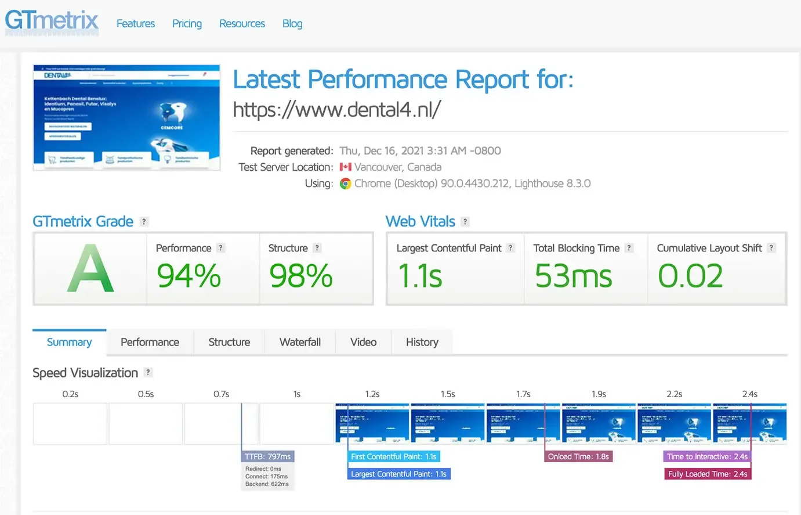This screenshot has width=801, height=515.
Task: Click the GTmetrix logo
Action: [52, 21]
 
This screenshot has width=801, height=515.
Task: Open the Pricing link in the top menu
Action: [187, 24]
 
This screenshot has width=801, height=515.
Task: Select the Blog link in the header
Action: [292, 24]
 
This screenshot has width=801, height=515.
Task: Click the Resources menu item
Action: [242, 24]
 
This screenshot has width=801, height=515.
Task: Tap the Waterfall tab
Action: [300, 342]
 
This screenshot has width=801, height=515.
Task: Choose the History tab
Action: [422, 342]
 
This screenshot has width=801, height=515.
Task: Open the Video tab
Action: [363, 342]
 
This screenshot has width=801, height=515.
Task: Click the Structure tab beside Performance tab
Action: [229, 342]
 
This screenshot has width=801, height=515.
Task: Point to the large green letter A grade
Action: [90, 269]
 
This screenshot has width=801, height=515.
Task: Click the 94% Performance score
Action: [189, 276]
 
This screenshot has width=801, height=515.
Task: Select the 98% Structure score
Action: [300, 276]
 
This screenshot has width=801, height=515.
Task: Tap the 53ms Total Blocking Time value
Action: [573, 276]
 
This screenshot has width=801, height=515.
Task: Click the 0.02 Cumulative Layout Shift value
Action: [690, 276]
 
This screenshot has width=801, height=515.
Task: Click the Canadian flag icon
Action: [346, 167]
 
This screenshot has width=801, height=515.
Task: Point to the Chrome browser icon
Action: [346, 183]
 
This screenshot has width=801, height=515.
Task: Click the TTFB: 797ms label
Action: [267, 456]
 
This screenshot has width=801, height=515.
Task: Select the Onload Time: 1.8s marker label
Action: [578, 456]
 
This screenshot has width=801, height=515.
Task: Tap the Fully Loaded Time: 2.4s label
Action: [708, 474]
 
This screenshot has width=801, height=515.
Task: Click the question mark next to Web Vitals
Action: [465, 222]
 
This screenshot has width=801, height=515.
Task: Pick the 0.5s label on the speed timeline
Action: [146, 394]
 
